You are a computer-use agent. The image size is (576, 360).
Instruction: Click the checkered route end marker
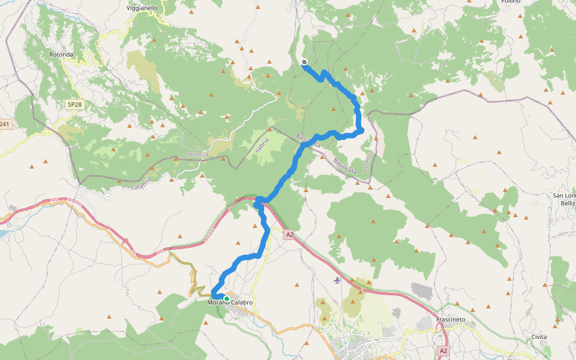[x=305, y=62]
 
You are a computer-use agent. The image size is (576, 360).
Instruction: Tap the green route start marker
[x=227, y=298]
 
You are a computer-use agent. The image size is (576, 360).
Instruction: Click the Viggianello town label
[x=142, y=8]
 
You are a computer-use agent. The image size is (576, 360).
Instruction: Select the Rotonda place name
[x=61, y=55]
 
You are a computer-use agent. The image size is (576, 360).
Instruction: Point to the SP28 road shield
[x=74, y=104]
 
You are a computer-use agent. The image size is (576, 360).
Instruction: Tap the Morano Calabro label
[x=230, y=302]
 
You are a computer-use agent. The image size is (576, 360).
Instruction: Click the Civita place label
[x=539, y=337]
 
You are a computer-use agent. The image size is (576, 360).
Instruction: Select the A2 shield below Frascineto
[x=443, y=350]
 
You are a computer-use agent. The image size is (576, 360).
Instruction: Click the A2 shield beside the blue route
[x=290, y=235]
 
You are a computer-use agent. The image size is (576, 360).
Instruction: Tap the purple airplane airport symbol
[x=337, y=280]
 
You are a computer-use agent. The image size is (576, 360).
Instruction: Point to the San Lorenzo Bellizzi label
[x=565, y=200]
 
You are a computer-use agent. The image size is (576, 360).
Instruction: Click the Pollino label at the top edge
[x=510, y=2]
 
